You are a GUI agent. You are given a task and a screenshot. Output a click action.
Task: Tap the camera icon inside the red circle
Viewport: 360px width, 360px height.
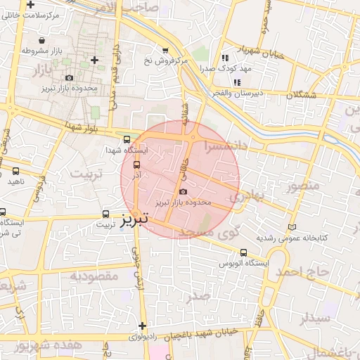click(184, 191)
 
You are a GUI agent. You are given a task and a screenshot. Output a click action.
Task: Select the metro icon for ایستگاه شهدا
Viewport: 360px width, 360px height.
click(126, 139)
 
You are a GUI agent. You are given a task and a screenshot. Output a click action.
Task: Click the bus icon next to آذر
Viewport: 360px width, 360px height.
click(136, 166)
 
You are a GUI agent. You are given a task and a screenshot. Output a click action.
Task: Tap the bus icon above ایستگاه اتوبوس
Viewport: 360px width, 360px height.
click(243, 252)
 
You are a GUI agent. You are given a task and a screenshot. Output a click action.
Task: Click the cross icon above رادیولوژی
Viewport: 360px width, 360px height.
click(143, 326)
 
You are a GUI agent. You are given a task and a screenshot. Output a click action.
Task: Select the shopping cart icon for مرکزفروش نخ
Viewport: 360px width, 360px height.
click(165, 51)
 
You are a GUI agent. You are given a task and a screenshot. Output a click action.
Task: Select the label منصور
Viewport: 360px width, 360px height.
click(303, 186)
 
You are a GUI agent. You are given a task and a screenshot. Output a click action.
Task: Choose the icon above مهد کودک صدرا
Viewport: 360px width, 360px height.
click(225, 58)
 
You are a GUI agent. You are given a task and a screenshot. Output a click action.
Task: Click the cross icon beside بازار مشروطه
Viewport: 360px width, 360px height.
click(94, 60)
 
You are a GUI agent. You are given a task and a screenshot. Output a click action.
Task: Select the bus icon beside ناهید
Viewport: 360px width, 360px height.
click(15, 171)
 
